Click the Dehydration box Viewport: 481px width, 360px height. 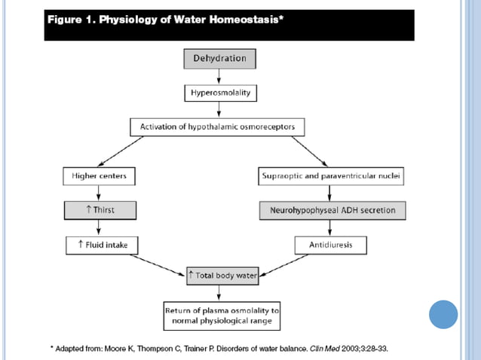click(219, 58)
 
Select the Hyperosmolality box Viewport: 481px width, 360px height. click(219, 93)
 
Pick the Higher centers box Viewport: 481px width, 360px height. click(99, 177)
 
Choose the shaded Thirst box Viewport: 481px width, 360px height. click(99, 210)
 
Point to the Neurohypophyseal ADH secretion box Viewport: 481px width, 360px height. click(332, 210)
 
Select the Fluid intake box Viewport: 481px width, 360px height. click(99, 244)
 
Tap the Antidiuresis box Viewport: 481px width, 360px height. click(332, 244)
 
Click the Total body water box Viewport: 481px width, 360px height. click(222, 276)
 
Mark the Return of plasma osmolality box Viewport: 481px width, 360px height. click(222, 314)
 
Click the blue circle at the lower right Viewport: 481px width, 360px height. click(443, 314)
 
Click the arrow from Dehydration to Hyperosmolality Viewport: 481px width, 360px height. click(219, 76)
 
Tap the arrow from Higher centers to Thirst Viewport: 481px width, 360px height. click(99, 194)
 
